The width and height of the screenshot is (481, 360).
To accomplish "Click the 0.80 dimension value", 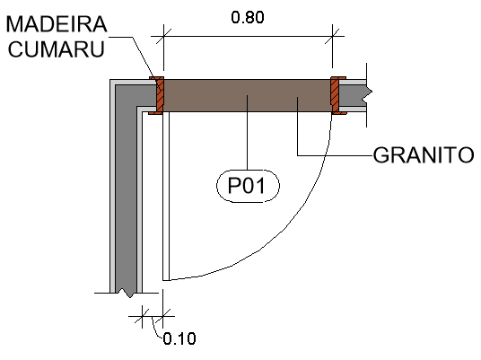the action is coord(248,17).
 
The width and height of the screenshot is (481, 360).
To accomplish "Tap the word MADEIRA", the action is coord(57,24).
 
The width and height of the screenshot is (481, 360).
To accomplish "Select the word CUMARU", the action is coord(57,48).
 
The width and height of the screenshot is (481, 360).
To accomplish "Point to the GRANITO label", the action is coord(424,155).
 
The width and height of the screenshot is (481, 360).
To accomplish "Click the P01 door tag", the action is coord(248,186).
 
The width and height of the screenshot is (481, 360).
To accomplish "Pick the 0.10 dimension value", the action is coord(179,338).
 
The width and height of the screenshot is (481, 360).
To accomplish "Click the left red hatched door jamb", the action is coord(159,95).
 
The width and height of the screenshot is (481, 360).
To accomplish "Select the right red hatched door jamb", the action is coord(336,95).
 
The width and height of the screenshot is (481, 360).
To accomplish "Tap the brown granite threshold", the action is coord(248,95).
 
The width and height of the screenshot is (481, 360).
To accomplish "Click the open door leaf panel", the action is coord(166,196).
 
